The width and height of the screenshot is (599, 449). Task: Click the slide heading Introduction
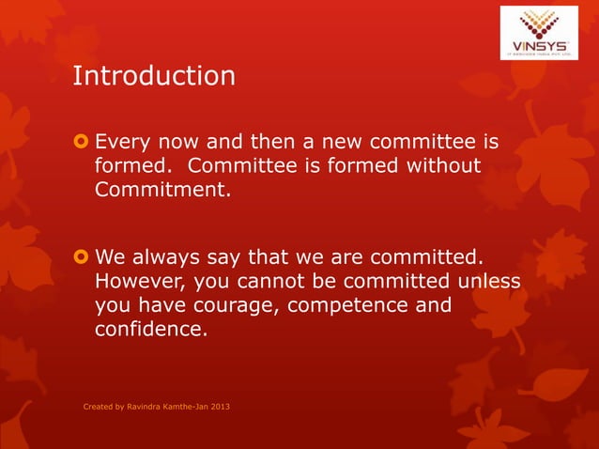point(154,76)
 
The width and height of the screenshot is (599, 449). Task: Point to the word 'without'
point(444,167)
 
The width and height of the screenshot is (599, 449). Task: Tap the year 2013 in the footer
point(217,407)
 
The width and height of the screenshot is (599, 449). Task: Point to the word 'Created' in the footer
point(99,407)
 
